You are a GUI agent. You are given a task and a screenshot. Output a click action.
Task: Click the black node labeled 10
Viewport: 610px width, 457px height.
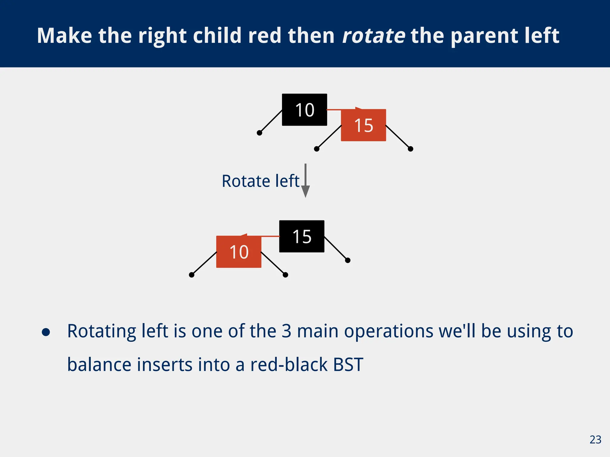pos(304,110)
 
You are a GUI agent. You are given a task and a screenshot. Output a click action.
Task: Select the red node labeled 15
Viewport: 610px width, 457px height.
pos(363,125)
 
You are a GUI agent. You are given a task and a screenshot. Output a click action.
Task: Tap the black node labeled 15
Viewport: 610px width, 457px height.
pos(301,237)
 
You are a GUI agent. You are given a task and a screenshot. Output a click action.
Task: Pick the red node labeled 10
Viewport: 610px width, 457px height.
pos(239,252)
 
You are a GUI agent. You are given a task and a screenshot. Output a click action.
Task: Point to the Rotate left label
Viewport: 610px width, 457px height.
pos(260,181)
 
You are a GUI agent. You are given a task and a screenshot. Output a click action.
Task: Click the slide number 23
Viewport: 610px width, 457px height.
pos(595,440)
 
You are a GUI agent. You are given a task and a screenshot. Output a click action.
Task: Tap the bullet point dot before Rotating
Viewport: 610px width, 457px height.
pos(46,332)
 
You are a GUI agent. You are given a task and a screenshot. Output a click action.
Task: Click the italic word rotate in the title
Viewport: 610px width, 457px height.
pos(374,36)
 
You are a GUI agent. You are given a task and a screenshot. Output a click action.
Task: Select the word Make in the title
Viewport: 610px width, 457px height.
pos(64,36)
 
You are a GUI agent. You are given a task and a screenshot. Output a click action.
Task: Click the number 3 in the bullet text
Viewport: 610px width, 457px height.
pos(286,331)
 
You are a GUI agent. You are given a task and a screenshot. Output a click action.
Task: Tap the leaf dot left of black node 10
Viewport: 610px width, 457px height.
pos(259,133)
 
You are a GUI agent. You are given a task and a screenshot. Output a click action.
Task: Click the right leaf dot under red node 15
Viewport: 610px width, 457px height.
pos(410,149)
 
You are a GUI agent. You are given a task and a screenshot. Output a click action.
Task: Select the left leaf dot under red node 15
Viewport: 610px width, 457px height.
pos(317,149)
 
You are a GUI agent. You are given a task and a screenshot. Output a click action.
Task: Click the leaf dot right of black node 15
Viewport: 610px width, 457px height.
pos(348,260)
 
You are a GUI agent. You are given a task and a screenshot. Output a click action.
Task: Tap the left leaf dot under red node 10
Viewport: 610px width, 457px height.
pos(192,275)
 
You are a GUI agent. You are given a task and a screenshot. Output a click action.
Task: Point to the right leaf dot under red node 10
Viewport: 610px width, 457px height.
pos(285,275)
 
